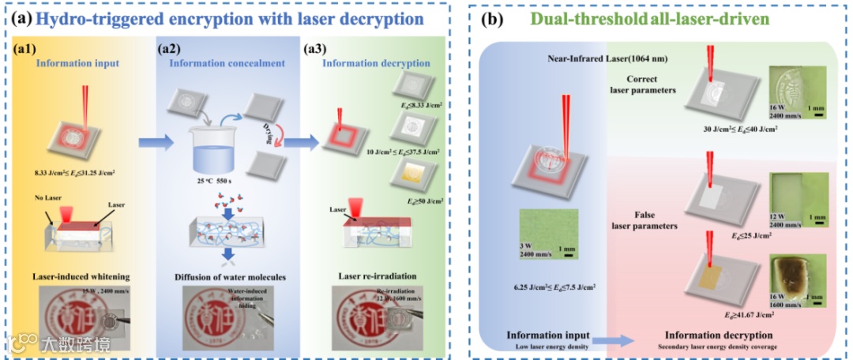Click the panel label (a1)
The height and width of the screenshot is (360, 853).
[27, 49]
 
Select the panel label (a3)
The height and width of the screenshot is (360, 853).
[321, 49]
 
